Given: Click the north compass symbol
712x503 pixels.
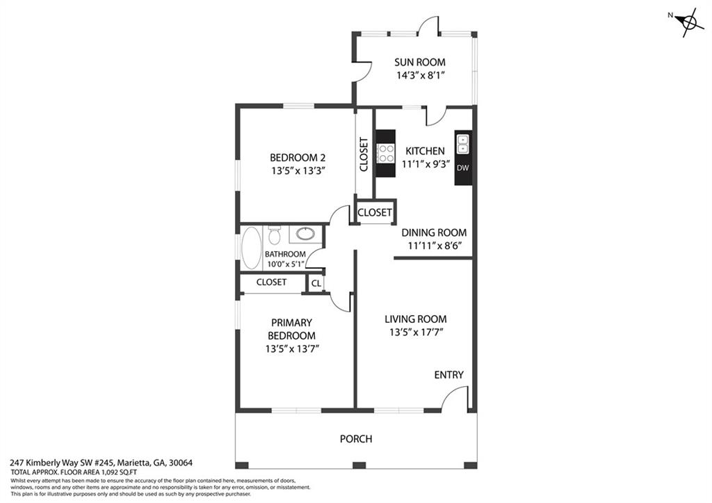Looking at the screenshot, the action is pyautogui.click(x=688, y=22).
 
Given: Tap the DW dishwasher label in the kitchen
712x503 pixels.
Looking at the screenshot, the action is pyautogui.click(x=462, y=168).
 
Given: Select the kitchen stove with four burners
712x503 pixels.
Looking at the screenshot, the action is pyautogui.click(x=385, y=153).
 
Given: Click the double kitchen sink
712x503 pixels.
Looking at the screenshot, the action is pyautogui.click(x=462, y=144).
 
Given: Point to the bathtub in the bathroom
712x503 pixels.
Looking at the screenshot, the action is pyautogui.click(x=251, y=248).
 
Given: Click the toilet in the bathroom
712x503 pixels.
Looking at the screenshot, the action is pyautogui.click(x=274, y=234).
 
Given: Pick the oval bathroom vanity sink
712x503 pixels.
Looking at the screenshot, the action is pyautogui.click(x=305, y=234).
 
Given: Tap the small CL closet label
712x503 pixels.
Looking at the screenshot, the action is pyautogui.click(x=316, y=284).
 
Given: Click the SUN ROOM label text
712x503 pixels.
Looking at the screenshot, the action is pyautogui.click(x=419, y=62).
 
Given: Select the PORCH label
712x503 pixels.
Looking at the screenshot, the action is pyautogui.click(x=356, y=439).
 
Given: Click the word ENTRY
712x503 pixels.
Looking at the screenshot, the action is pyautogui.click(x=448, y=375).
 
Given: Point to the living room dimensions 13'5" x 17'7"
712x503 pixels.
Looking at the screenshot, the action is pyautogui.click(x=416, y=332).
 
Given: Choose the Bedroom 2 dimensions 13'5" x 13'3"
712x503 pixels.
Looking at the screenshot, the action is pyautogui.click(x=298, y=171).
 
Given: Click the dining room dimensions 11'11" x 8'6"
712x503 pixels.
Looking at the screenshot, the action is pyautogui.click(x=435, y=246).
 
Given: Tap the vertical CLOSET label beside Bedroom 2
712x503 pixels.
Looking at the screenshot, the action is pyautogui.click(x=364, y=154).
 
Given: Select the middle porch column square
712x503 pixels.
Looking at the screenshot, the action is pyautogui.click(x=359, y=465).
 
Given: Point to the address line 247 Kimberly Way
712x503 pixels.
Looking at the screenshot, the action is pyautogui.click(x=102, y=463).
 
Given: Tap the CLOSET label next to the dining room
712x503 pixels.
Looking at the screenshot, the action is pyautogui.click(x=375, y=212).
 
